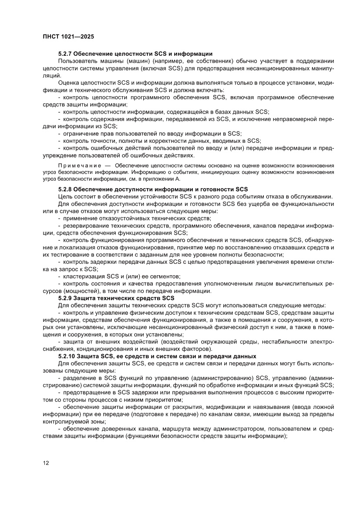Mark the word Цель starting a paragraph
click(65, 196)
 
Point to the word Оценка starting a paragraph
click(68, 82)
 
